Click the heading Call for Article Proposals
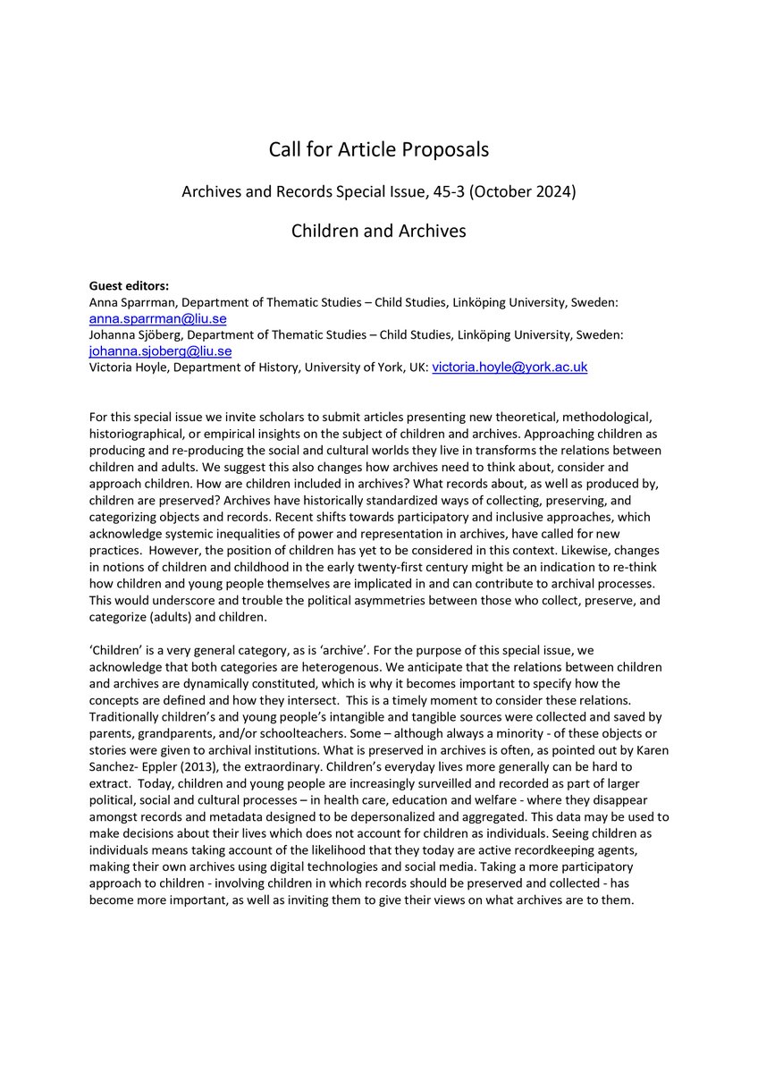click(x=379, y=149)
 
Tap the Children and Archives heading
click(x=379, y=231)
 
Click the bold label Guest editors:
click(x=124, y=287)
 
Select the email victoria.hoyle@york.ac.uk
click(x=510, y=367)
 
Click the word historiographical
click(x=143, y=434)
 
